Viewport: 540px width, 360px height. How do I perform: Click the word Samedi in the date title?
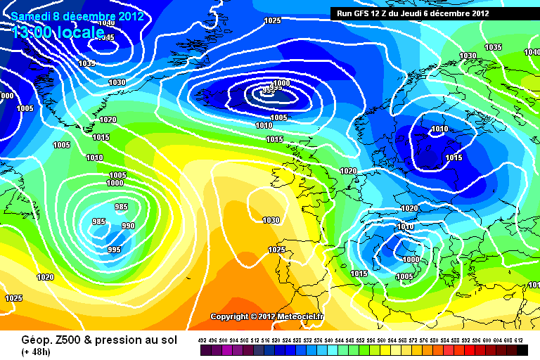click(x=29, y=15)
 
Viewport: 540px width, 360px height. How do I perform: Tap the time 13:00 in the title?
click(x=34, y=32)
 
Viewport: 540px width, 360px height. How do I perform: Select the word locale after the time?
click(x=84, y=32)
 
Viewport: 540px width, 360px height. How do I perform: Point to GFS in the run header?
click(x=364, y=13)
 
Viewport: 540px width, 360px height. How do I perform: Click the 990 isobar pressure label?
click(x=128, y=226)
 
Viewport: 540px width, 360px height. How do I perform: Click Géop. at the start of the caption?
click(x=19, y=339)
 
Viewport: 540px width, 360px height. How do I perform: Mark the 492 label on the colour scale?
click(x=202, y=340)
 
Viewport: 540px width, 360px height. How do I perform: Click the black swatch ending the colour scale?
click(x=522, y=349)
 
